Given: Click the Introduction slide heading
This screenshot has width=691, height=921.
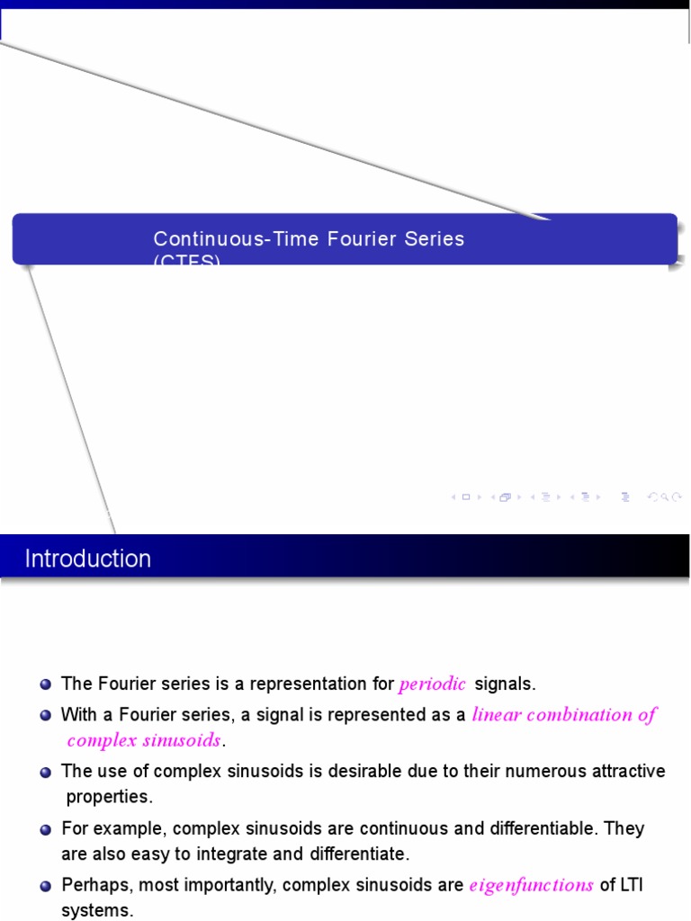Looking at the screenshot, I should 88,559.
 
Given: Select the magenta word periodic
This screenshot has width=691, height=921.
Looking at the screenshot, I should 433,684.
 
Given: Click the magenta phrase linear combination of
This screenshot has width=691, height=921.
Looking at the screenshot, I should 564,715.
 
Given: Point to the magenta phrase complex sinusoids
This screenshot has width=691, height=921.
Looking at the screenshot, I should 144,741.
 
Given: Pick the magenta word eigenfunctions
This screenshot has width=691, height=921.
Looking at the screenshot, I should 531,886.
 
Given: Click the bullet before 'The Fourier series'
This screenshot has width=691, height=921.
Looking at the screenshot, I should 46,684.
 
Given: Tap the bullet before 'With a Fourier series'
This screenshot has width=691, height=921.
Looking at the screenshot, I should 46,715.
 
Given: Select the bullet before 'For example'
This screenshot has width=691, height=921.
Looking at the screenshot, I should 46,828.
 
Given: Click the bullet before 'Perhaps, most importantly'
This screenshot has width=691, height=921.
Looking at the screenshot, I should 46,886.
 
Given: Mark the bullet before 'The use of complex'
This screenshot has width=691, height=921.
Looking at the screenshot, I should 46,772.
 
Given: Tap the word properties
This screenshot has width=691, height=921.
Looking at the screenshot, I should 110,797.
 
